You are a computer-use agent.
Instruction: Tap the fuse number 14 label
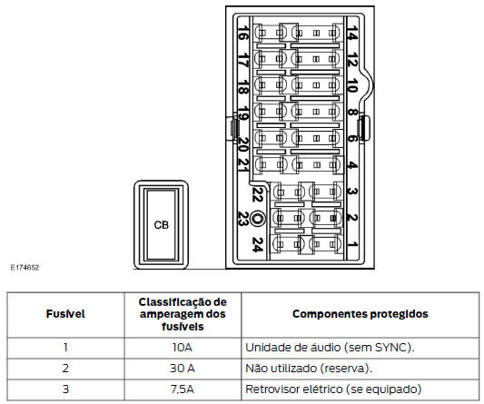(x=351, y=34)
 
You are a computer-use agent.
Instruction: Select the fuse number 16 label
(x=242, y=34)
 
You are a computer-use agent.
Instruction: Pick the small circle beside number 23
(x=259, y=219)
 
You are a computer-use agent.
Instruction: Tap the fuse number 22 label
(x=257, y=192)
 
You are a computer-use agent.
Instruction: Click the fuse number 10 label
(x=351, y=88)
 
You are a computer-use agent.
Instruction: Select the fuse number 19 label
(x=242, y=115)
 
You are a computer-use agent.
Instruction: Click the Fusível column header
(x=64, y=314)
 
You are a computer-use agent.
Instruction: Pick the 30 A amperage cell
(x=183, y=369)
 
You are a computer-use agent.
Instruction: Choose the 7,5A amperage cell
(x=183, y=389)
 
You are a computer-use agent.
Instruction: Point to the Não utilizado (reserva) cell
(x=309, y=369)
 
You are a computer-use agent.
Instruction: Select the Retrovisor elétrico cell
(x=333, y=389)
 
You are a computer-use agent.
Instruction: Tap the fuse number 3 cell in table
(x=64, y=389)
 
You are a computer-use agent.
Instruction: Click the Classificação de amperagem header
(x=183, y=314)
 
